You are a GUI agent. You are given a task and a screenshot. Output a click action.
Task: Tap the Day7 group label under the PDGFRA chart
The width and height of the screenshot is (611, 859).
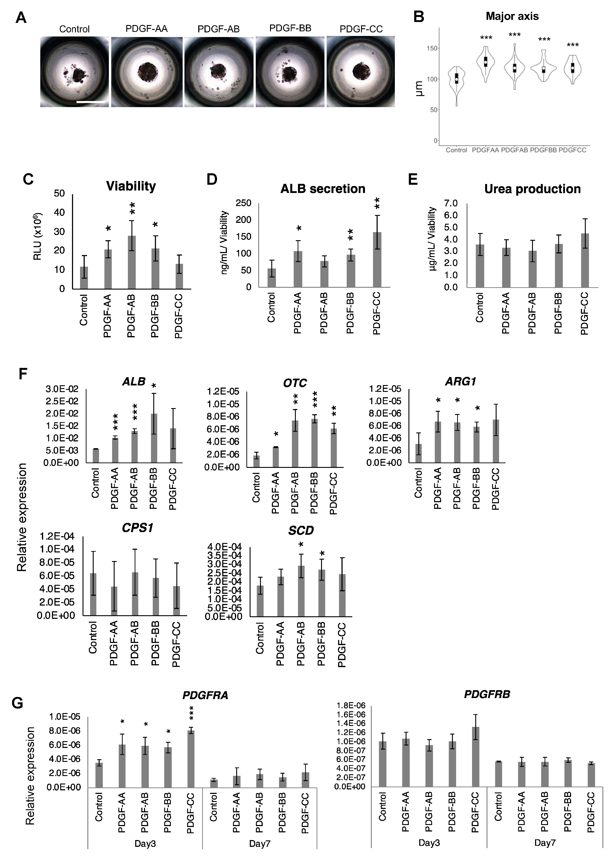[260, 844]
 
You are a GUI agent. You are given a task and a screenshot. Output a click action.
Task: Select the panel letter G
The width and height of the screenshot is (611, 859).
[18, 703]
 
